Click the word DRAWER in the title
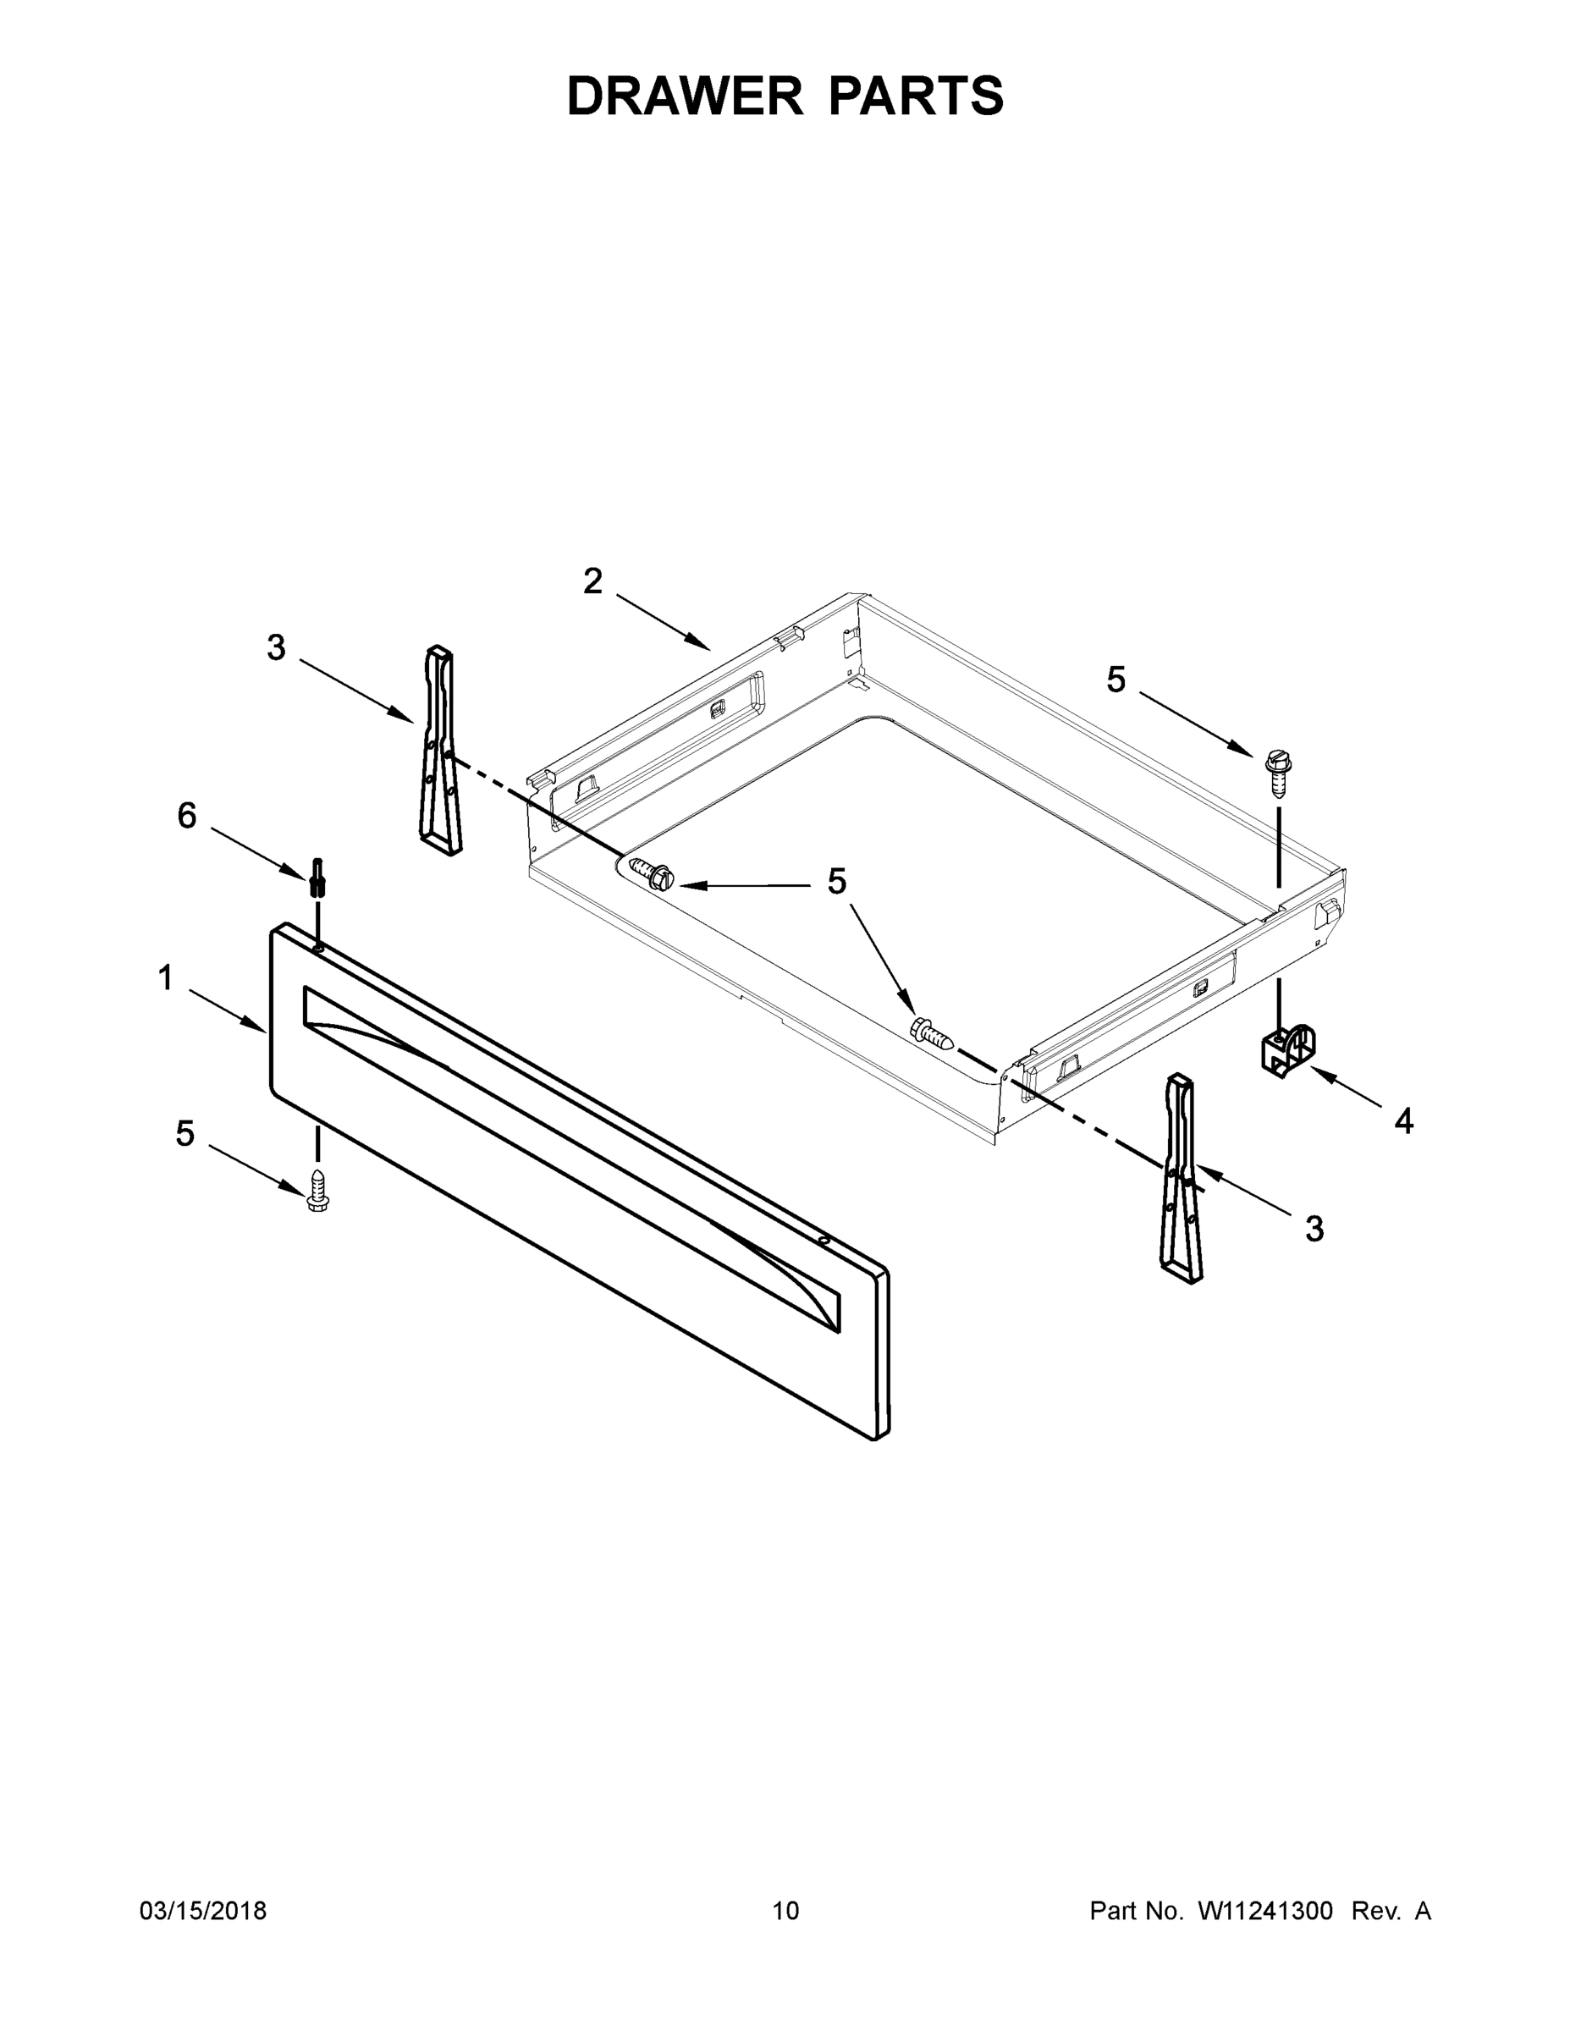(685, 96)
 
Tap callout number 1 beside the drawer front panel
(166, 978)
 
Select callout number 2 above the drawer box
(592, 581)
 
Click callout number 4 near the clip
(1403, 1121)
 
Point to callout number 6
(187, 816)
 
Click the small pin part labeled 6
(318, 877)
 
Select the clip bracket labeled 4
(1287, 1051)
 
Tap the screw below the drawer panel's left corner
(317, 1192)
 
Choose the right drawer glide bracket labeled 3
(1179, 1178)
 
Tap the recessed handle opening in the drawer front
(571, 1157)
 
